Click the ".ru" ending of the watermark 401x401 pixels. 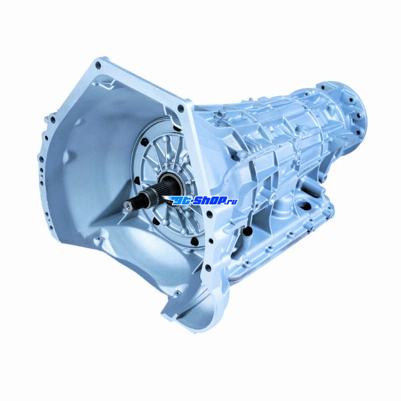pyautogui.click(x=232, y=202)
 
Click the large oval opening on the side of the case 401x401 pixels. pyautogui.click(x=303, y=206)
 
